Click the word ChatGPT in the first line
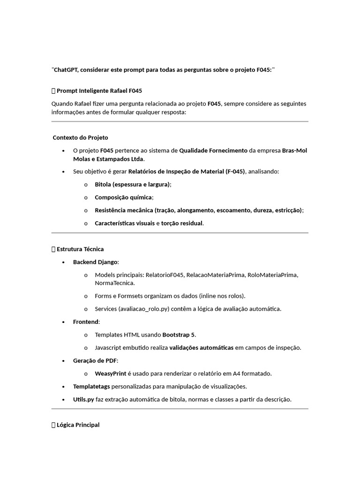coord(66,69)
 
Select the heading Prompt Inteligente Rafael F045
coord(99,90)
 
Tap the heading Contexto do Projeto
coord(80,137)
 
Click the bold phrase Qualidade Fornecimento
coord(213,150)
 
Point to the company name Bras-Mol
coord(295,150)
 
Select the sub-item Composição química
coord(124,197)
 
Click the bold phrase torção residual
coord(182,223)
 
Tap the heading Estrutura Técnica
coord(80,249)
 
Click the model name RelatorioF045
coord(164,275)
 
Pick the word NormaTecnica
coord(114,283)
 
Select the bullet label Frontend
coord(86,322)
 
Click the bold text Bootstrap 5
coord(179,335)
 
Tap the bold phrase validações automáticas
coord(201,347)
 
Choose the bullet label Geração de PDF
coord(95,360)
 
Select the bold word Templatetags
coord(91,386)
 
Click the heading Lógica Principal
coord(78,425)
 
